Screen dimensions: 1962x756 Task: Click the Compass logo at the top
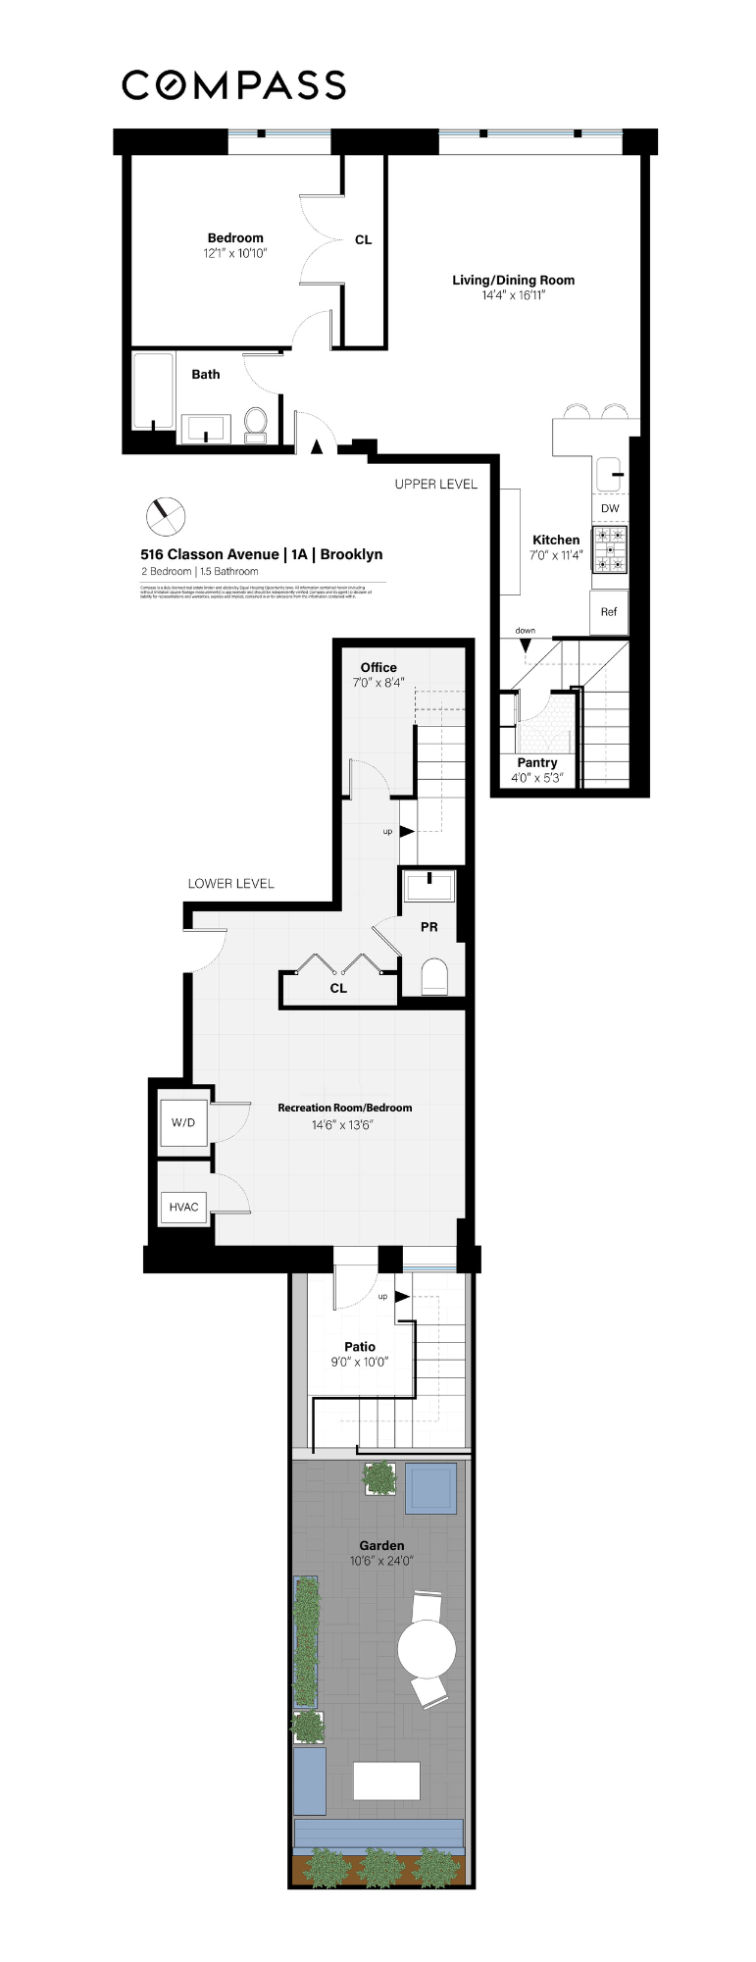(233, 85)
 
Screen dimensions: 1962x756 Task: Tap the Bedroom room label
(235, 238)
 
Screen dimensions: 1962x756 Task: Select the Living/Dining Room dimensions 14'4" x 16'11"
(513, 295)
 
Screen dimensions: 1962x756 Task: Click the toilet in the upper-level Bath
(256, 423)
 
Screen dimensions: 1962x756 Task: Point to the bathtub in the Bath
(155, 391)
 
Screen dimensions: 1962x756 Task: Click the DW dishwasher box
(610, 508)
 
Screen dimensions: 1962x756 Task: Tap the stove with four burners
(610, 550)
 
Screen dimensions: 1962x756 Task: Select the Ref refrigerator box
(609, 612)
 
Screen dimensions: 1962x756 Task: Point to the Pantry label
(537, 763)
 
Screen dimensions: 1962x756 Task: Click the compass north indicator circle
(166, 514)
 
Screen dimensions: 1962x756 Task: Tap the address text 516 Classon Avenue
(210, 554)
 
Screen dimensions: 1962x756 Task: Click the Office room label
(378, 668)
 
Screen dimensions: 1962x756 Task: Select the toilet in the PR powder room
(433, 978)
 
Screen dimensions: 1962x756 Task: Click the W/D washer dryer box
(183, 1122)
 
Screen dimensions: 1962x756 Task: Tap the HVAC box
(184, 1207)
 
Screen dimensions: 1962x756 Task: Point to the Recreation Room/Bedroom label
(344, 1108)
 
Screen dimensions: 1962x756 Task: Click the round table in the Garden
(427, 1648)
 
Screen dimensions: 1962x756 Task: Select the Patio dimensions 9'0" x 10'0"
(360, 1362)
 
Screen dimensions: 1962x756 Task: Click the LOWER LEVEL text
(231, 884)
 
